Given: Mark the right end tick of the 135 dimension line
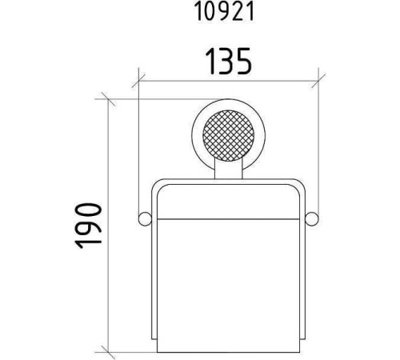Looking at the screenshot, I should click(x=319, y=79).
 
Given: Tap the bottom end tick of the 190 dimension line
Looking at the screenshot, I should click(x=111, y=353).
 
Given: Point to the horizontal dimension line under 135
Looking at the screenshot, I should click(x=184, y=79).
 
